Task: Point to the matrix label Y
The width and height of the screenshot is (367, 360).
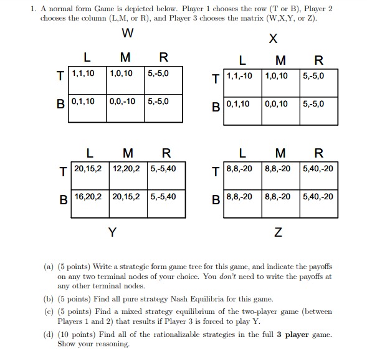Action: [112, 232]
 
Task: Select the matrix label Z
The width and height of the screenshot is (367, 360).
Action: [277, 232]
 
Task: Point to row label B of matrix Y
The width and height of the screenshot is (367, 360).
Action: [64, 200]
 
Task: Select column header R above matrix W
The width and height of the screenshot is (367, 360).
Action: [163, 58]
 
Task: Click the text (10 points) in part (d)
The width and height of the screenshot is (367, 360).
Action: [79, 334]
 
